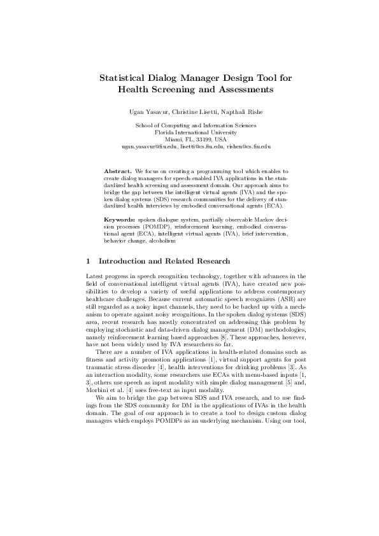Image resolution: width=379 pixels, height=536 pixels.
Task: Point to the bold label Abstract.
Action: pyautogui.click(x=117, y=171)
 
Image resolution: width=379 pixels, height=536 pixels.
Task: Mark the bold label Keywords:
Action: pyautogui.click(x=119, y=218)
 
